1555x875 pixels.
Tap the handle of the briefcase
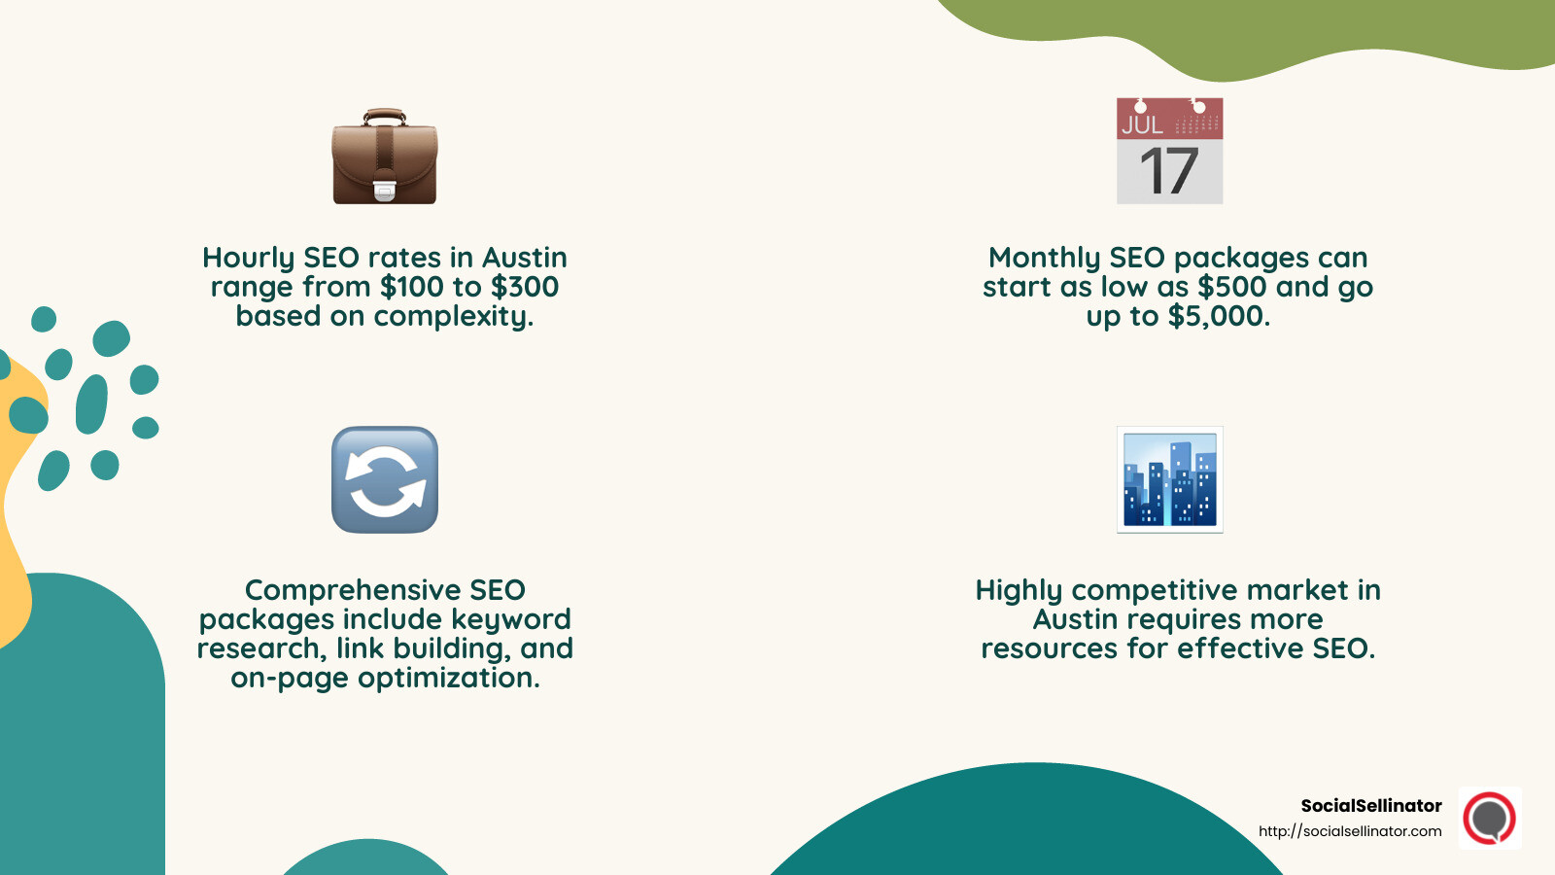coord(385,116)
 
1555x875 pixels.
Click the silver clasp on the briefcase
coord(385,190)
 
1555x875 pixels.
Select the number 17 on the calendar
coord(1168,172)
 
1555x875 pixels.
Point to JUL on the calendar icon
coord(1142,124)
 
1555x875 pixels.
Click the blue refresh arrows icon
coord(385,479)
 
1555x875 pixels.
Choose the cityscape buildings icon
coord(1169,479)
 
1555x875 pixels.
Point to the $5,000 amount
coord(1218,316)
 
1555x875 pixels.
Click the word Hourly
coord(248,258)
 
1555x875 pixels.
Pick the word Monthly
coord(1044,258)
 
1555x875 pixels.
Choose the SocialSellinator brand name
coord(1370,805)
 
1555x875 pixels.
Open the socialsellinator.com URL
coord(1350,831)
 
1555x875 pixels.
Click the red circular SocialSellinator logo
coord(1490,818)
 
